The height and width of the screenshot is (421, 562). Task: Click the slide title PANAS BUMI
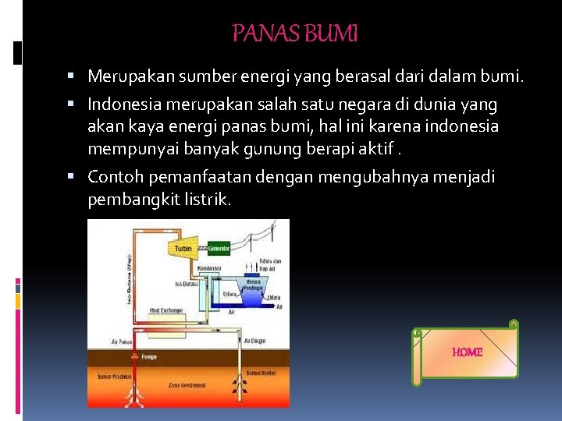pyautogui.click(x=295, y=34)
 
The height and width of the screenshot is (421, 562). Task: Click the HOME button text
pyautogui.click(x=467, y=352)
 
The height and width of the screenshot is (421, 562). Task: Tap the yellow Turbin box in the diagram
pyautogui.click(x=182, y=249)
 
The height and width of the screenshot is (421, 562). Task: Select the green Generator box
pyautogui.click(x=219, y=249)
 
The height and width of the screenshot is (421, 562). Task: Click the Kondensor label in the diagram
pyautogui.click(x=209, y=267)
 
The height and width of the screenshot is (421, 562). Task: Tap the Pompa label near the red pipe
pyautogui.click(x=148, y=356)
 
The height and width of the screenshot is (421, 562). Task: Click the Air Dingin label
pyautogui.click(x=255, y=341)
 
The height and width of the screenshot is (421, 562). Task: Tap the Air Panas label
pyautogui.click(x=121, y=341)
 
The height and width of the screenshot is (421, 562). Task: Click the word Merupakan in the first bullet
pyautogui.click(x=130, y=76)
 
